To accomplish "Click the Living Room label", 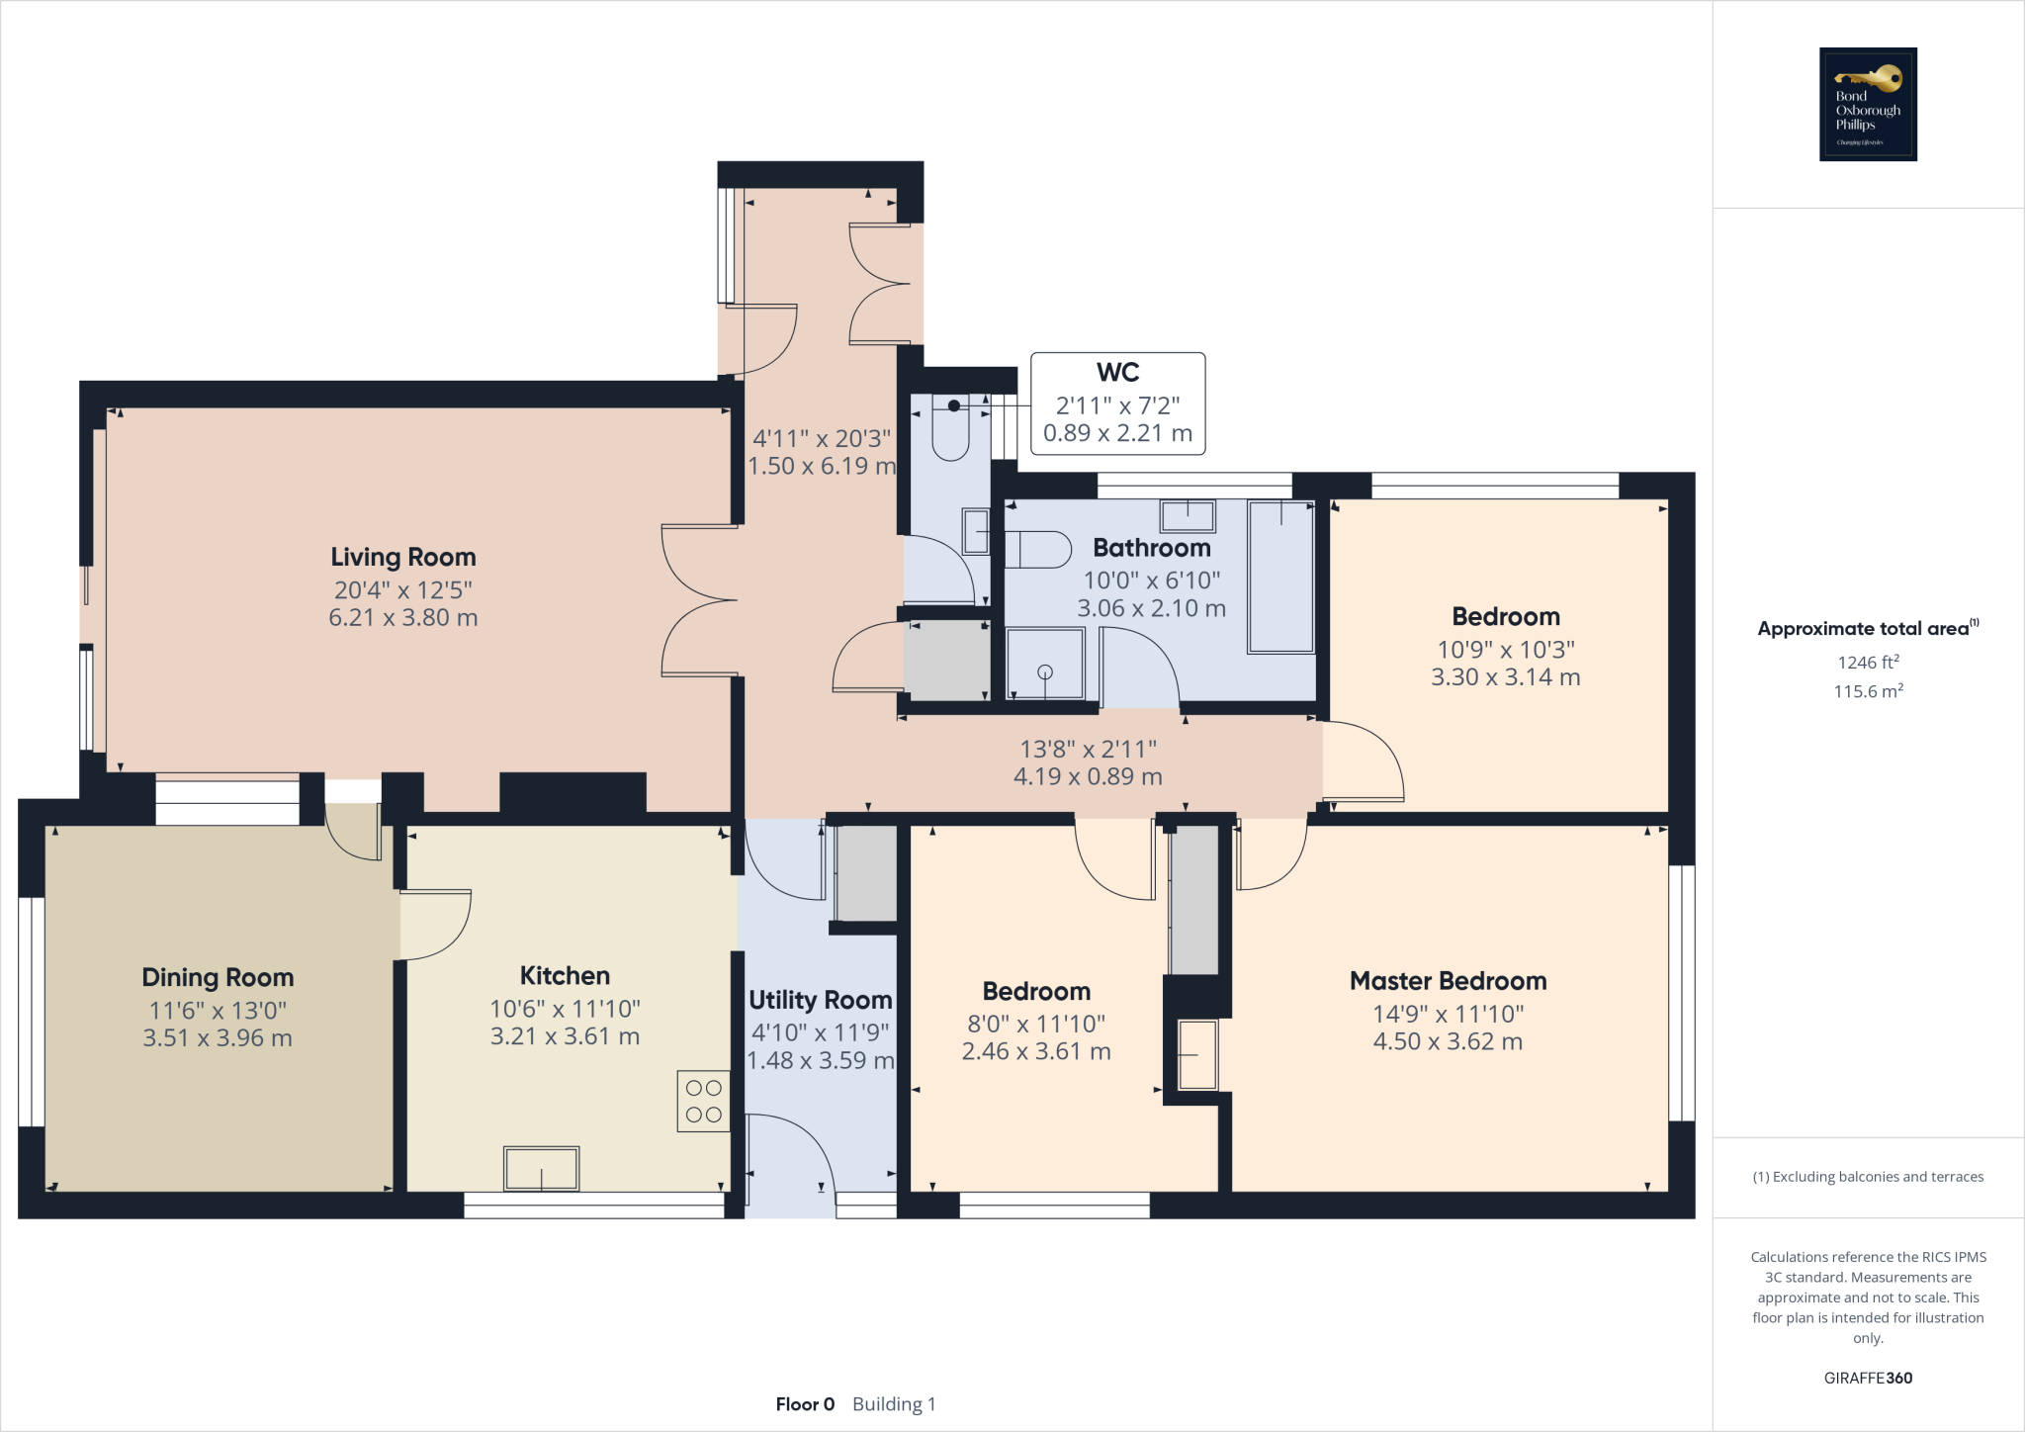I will (x=402, y=557).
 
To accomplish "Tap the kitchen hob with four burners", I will (x=703, y=1101).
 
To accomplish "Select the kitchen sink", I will (x=541, y=1169).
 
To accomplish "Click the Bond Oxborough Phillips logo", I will (x=1867, y=104).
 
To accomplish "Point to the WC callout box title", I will (x=1117, y=373).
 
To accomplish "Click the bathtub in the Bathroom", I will (x=1280, y=577).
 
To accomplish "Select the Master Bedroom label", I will (x=1448, y=981).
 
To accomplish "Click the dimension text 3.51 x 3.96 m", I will (x=218, y=1038).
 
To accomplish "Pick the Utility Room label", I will (x=820, y=1000).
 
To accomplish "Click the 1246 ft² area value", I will (x=1867, y=663).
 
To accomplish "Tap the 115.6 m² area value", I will (x=1867, y=691).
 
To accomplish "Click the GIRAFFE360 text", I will (x=1867, y=1378).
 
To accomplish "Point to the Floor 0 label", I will (x=805, y=1404).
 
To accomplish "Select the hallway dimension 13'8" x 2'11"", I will (x=1088, y=750).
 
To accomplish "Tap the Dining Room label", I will (x=218, y=977).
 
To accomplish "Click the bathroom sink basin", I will (x=1188, y=515).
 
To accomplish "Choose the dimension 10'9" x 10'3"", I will (x=1505, y=650).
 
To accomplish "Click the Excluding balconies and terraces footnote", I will (x=1867, y=1177).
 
